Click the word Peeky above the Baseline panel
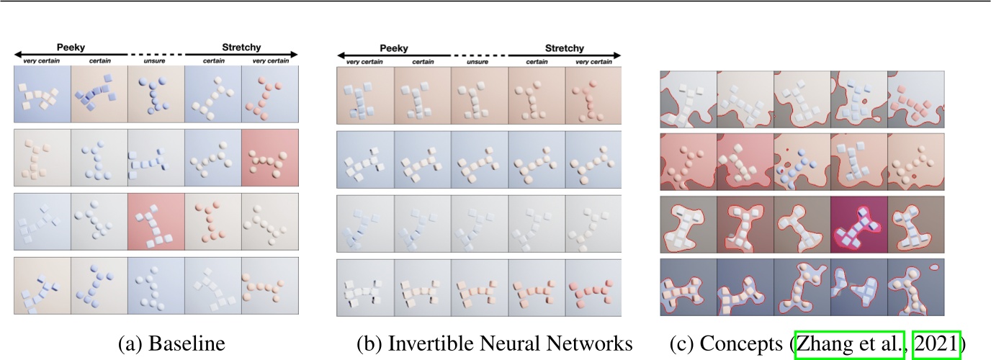coord(71,48)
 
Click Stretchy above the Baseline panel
coord(241,48)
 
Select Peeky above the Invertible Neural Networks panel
coord(393,49)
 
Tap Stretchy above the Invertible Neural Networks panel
coord(565,49)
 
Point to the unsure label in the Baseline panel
coord(156,60)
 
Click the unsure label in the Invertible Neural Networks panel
coord(479,62)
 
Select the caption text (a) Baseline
coord(171,344)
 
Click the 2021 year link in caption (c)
coord(936,344)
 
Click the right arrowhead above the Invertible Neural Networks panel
coord(617,55)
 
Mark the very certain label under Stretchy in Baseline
coord(269,60)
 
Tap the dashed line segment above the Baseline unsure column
coord(156,55)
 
